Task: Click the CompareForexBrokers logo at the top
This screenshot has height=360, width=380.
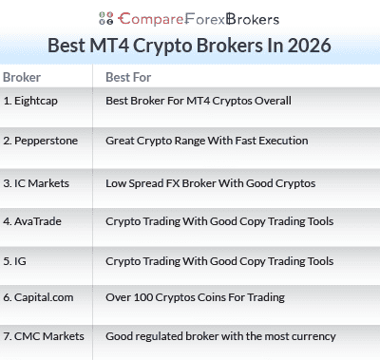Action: click(x=190, y=16)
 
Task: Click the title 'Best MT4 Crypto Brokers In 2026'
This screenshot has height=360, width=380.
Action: click(x=190, y=46)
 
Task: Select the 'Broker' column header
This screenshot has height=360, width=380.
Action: click(x=22, y=77)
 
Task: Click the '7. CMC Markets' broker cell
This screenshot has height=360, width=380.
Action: click(x=43, y=335)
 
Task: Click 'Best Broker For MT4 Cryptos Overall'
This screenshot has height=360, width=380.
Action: click(x=198, y=100)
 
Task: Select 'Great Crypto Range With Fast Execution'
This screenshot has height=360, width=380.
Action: click(x=206, y=140)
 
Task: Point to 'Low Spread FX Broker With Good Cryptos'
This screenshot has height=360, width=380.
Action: click(x=210, y=182)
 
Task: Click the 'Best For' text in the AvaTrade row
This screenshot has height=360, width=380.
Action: click(x=219, y=221)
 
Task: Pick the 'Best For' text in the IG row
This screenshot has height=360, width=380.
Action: click(x=219, y=260)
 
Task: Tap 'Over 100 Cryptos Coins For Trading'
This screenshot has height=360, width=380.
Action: click(x=195, y=297)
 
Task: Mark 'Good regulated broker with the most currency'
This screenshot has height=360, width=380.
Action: click(x=220, y=335)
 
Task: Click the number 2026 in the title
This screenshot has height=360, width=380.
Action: click(x=306, y=46)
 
